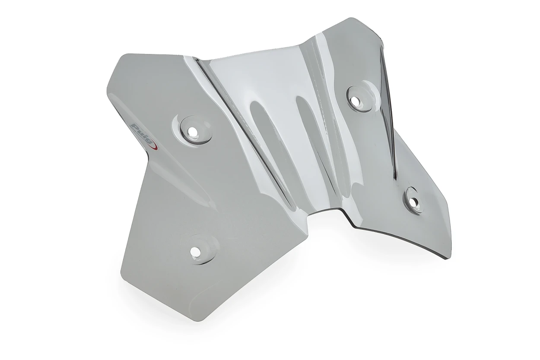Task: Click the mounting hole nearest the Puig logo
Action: [193, 131]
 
